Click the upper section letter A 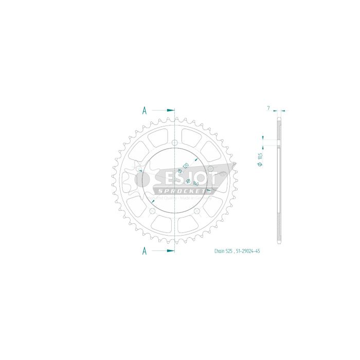point(145,110)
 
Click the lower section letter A point(145,251)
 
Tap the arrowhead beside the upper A point(172,110)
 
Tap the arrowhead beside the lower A point(172,251)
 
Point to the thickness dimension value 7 point(268,108)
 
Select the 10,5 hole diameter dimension point(261,157)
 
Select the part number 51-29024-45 point(252,251)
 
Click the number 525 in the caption point(231,251)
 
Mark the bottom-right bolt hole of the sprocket point(197,211)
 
